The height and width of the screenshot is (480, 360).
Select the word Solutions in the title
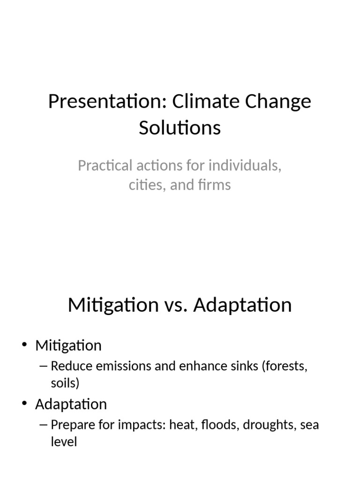(180, 127)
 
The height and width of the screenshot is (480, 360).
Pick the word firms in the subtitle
(215, 185)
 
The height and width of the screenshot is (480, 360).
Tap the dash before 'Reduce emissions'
(44, 366)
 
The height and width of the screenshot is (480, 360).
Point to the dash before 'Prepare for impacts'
(44, 425)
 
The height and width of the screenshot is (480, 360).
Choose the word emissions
(123, 366)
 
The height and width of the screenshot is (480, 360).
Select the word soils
(65, 382)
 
